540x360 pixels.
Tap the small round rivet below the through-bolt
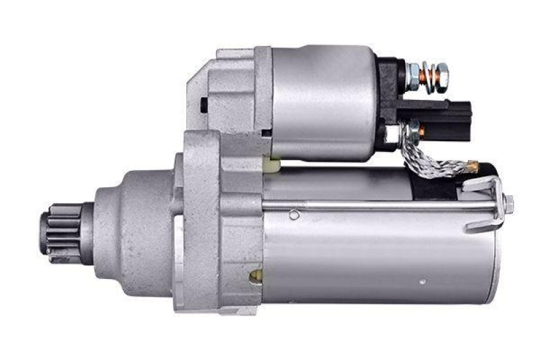(294, 215)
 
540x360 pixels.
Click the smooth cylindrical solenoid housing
(324, 101)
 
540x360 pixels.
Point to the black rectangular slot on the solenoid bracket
(202, 105)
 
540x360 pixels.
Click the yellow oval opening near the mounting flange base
(256, 276)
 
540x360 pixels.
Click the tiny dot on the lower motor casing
(422, 282)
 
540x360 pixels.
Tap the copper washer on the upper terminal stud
(425, 70)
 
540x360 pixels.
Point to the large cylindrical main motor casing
(378, 257)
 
